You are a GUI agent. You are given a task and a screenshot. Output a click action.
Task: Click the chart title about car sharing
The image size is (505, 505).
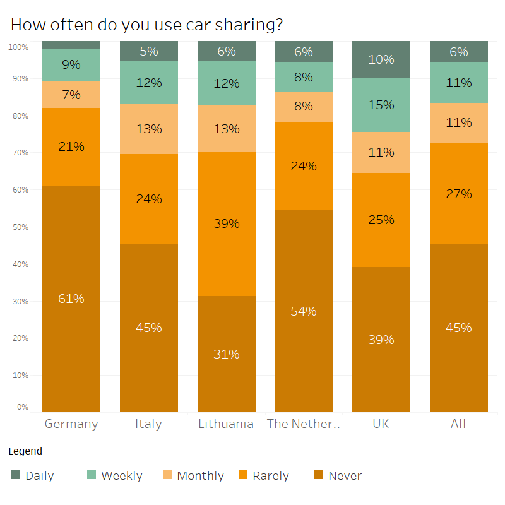(x=146, y=25)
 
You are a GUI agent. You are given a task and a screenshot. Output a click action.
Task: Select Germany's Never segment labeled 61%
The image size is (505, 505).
(x=71, y=299)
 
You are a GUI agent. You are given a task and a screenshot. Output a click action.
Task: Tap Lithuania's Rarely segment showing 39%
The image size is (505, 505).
(x=226, y=223)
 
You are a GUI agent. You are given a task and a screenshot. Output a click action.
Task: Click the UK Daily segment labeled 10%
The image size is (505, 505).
(x=381, y=59)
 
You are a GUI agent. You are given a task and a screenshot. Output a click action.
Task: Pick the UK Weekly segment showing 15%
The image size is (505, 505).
(x=381, y=105)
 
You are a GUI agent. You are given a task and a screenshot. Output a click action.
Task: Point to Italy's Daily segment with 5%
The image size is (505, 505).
(x=149, y=51)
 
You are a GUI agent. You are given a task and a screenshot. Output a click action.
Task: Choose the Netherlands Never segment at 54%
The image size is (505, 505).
(x=304, y=311)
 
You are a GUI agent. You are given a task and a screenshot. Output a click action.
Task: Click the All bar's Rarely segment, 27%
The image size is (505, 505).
(x=459, y=193)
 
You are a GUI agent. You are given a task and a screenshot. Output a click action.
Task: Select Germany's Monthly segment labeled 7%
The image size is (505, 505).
(x=71, y=95)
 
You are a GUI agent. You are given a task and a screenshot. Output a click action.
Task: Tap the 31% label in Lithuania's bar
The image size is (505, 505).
(x=226, y=354)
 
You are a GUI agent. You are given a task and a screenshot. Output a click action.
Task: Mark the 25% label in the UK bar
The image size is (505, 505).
(x=381, y=220)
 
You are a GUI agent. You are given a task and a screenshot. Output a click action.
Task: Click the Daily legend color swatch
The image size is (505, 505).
(x=16, y=475)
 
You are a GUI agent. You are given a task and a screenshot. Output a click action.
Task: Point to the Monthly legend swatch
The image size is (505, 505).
(x=167, y=475)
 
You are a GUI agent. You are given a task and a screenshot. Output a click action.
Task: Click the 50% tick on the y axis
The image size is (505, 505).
(x=18, y=227)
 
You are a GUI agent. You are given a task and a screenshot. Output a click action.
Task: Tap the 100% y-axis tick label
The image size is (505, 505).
(x=18, y=47)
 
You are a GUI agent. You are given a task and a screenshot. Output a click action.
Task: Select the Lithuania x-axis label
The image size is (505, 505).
(x=226, y=424)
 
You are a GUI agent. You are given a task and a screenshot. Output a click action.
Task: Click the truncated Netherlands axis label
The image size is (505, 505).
(x=304, y=424)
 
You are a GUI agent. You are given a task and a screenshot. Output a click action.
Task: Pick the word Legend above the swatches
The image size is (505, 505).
(x=25, y=451)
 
